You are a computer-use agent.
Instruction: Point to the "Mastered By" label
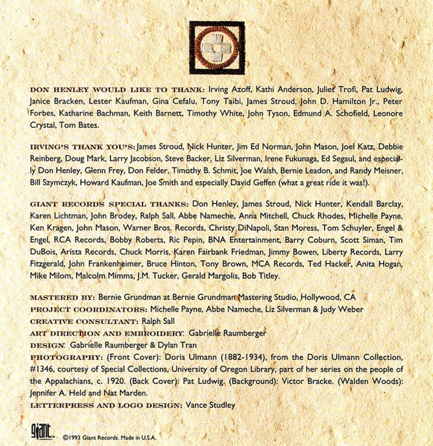click(61, 298)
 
